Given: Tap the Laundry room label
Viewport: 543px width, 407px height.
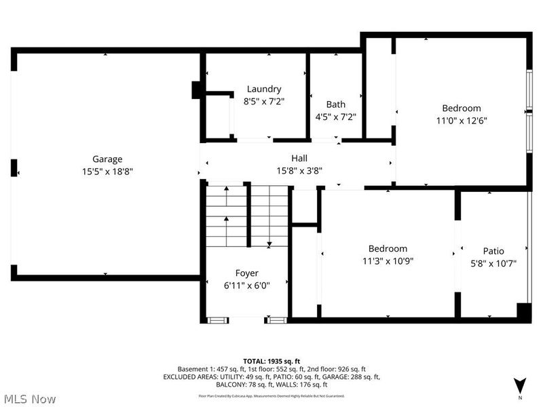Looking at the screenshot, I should [x=264, y=89].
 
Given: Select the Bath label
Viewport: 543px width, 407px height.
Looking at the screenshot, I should [x=335, y=104].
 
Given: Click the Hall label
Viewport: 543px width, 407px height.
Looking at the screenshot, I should [x=299, y=158].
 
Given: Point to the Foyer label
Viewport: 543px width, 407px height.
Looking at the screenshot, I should [x=247, y=273].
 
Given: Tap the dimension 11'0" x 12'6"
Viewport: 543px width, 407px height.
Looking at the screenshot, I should [x=462, y=121].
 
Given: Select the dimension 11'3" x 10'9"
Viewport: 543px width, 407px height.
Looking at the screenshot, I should [x=388, y=260].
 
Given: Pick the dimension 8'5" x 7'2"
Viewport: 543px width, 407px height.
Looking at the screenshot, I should [x=264, y=101].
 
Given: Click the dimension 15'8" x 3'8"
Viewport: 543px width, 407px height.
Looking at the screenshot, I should [x=299, y=170].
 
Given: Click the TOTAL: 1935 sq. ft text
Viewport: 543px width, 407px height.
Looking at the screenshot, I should [x=271, y=360].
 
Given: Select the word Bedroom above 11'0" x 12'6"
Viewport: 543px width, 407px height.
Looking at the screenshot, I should [x=462, y=109].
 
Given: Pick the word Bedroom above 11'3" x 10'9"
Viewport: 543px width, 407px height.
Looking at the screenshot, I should [x=388, y=248].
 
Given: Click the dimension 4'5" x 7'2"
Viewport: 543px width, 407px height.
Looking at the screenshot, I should [x=335, y=117].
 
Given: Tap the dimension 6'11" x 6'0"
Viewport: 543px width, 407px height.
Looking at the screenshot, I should [x=247, y=286].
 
